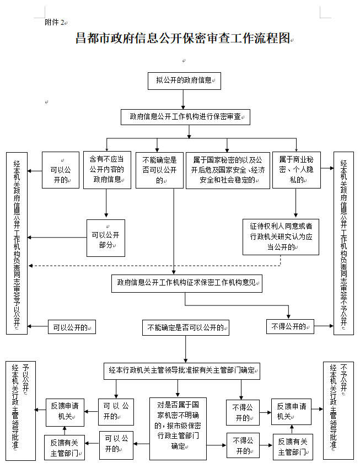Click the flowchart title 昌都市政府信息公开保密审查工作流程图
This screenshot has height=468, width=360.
pos(182,39)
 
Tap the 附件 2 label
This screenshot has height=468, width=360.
pos(55,22)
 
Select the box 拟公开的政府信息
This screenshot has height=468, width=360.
pos(184,80)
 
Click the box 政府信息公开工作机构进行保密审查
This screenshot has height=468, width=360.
pos(185,117)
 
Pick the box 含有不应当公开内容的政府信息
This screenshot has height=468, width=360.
pos(107,170)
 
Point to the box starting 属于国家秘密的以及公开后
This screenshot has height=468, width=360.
pos(228,170)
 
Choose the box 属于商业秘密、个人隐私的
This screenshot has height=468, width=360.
pos(297,170)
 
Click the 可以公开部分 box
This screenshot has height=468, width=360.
pos(105,238)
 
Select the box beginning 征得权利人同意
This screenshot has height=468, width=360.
pos(281,236)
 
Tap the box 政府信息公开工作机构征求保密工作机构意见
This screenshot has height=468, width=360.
pos(186,283)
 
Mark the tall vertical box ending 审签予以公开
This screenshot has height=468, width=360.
pos(17,243)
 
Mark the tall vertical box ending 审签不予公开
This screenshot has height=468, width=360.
pos(343,243)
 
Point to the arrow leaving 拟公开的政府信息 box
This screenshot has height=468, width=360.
pos(184,99)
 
